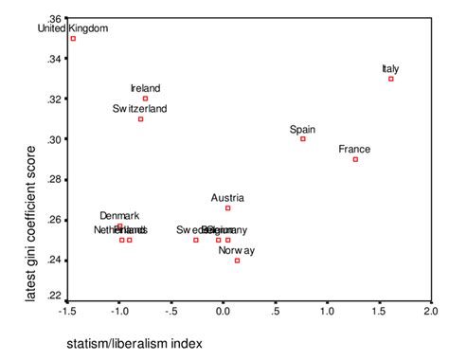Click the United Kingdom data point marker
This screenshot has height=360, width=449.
click(x=73, y=39)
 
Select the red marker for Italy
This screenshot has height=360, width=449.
click(x=390, y=79)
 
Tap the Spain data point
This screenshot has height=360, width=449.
click(x=303, y=139)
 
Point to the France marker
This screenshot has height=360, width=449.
click(x=355, y=159)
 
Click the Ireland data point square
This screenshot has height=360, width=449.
click(x=145, y=99)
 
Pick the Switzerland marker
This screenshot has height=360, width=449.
click(x=140, y=118)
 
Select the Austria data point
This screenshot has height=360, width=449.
click(x=227, y=207)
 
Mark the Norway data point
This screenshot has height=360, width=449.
click(x=237, y=260)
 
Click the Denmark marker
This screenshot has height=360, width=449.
click(x=119, y=226)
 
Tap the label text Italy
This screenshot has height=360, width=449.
click(x=390, y=68)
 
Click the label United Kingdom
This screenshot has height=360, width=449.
click(x=73, y=28)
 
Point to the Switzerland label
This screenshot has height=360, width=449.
click(x=140, y=108)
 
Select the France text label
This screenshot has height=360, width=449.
click(x=354, y=149)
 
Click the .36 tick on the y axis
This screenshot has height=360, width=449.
click(x=54, y=19)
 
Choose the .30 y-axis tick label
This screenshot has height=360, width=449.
click(x=54, y=139)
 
